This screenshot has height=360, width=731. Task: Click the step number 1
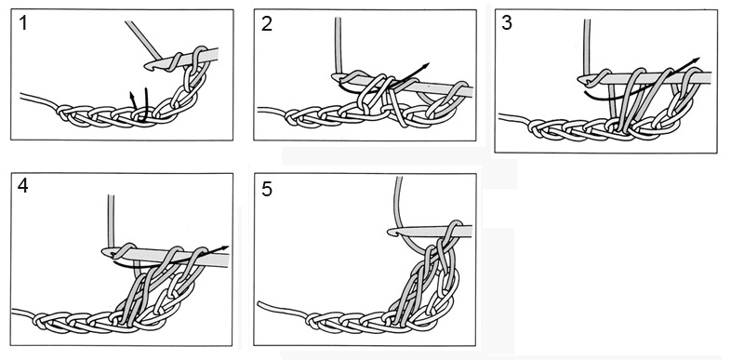tap(23, 23)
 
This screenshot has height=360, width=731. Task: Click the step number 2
tap(267, 24)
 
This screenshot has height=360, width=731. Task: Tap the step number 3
tap(507, 23)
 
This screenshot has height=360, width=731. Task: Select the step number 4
tap(23, 186)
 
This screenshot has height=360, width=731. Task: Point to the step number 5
tap(267, 190)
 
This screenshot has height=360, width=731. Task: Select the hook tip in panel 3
tap(581, 80)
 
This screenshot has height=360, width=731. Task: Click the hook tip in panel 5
tap(392, 231)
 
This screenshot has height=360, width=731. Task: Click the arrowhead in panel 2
tap(425, 66)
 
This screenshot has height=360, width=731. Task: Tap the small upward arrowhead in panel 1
tap(132, 95)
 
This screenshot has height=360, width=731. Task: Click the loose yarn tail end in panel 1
tap(21, 96)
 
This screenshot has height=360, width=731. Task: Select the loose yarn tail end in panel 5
tap(259, 304)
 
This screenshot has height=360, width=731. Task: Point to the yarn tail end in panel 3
tap(500, 116)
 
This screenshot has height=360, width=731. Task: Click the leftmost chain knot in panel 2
tap(291, 116)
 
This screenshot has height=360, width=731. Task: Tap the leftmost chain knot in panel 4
tap(40, 320)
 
